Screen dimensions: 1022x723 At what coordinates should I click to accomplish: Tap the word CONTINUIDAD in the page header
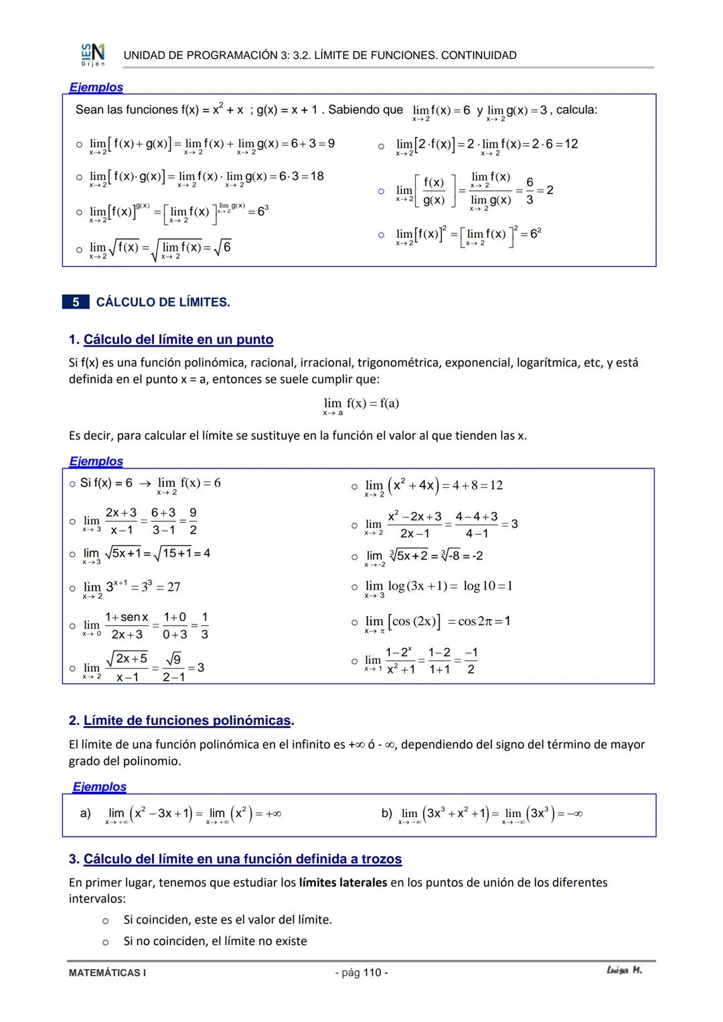[479, 56]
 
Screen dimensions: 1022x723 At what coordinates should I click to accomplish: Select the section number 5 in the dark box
[76, 303]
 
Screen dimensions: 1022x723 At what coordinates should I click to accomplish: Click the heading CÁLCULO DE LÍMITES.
[163, 303]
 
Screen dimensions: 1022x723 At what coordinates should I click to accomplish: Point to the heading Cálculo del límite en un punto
[178, 339]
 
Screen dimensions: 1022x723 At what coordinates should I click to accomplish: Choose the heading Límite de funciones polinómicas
[187, 721]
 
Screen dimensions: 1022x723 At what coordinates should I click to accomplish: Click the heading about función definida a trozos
[242, 859]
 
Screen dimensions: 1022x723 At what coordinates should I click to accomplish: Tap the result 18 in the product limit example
[317, 176]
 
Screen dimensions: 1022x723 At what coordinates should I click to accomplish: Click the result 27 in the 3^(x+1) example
[173, 587]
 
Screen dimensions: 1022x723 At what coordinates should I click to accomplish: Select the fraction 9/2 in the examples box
[193, 521]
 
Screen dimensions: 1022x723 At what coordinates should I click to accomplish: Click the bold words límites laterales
[343, 882]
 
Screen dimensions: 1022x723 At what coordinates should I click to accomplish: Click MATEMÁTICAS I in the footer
[107, 972]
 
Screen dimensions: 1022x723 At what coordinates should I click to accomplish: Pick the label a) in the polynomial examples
[86, 813]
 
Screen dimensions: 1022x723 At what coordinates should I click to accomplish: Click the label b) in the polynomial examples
[387, 813]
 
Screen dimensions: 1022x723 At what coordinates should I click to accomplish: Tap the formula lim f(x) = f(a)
[361, 404]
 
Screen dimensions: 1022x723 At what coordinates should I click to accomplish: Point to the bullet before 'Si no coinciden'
[105, 942]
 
